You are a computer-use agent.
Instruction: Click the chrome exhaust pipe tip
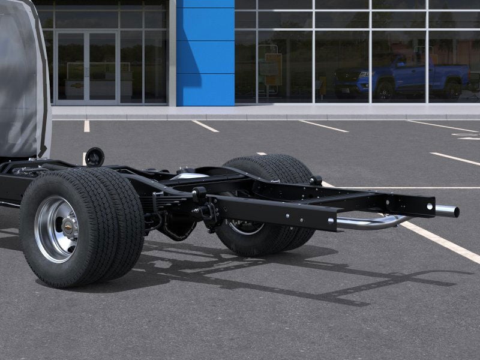pos(448,211)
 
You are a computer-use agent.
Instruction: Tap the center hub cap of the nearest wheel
pos(67,227)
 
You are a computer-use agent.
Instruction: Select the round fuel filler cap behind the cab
pos(94,157)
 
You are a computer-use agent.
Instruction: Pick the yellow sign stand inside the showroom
pos(272,69)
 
